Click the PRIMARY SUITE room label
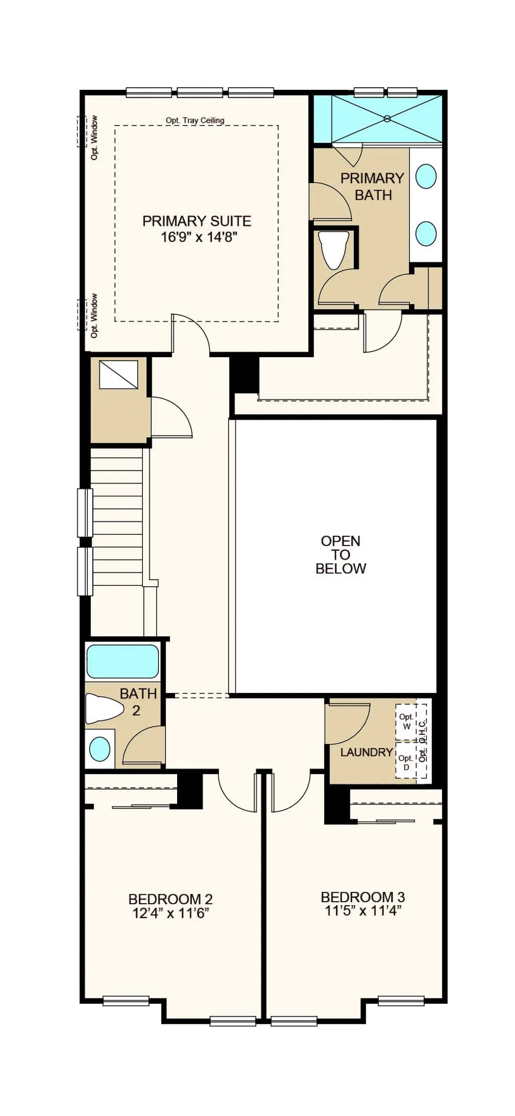[196, 221]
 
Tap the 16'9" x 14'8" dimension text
[199, 237]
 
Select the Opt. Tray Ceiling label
[195, 120]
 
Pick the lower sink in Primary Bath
[426, 233]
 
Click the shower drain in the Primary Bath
[387, 119]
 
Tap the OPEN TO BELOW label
[341, 555]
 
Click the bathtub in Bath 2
[123, 661]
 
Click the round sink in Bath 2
[100, 749]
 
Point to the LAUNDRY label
[367, 752]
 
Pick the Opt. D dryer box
[406, 762]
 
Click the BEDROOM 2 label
[171, 899]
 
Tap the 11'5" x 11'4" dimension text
[363, 911]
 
